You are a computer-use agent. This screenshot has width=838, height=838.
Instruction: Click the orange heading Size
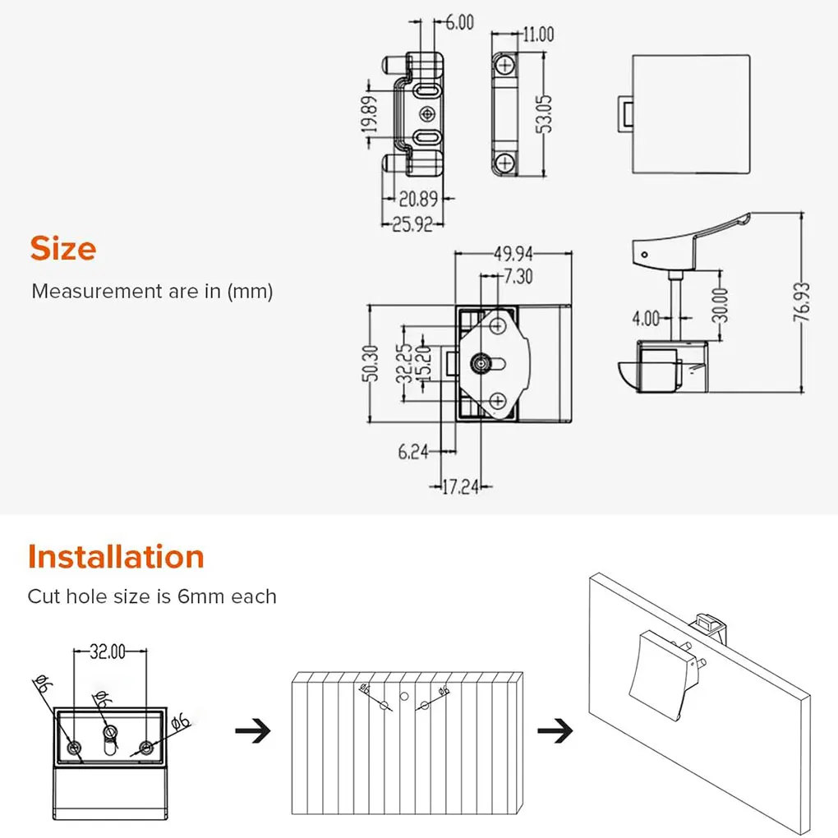pyautogui.click(x=63, y=249)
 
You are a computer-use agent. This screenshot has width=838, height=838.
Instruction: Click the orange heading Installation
pyautogui.click(x=116, y=557)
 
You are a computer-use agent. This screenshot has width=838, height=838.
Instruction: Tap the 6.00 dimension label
pyautogui.click(x=459, y=23)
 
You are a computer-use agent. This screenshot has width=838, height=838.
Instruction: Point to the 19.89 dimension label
pyautogui.click(x=371, y=114)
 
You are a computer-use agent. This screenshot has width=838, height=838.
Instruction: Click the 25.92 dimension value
pyautogui.click(x=412, y=223)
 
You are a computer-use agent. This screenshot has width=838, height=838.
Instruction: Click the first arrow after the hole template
pyautogui.click(x=253, y=730)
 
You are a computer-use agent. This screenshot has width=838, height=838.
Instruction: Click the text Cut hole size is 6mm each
pyautogui.click(x=152, y=596)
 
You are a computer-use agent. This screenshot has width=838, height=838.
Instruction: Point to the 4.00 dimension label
pyautogui.click(x=646, y=316)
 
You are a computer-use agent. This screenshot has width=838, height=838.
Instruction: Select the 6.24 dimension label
pyautogui.click(x=414, y=450)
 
